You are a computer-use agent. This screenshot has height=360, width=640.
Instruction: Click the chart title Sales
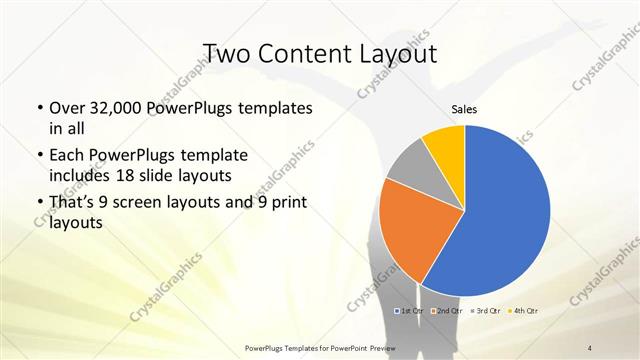pos(464,108)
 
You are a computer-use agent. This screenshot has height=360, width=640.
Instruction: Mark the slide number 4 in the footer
pos(591,347)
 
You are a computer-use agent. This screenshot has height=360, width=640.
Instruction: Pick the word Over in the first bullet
pos(68,108)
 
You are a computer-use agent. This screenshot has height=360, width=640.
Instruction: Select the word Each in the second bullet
pos(67,155)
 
